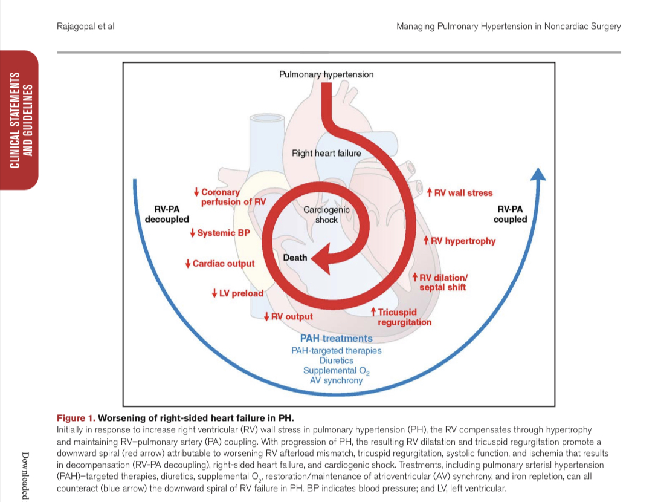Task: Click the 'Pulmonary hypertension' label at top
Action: point(326,74)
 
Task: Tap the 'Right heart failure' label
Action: point(326,153)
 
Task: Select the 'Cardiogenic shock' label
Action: point(326,215)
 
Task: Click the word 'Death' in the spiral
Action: point(295,258)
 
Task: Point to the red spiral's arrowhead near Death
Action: point(320,257)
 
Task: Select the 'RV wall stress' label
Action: point(460,193)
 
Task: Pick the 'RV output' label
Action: point(289,316)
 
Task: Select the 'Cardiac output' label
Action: point(220,264)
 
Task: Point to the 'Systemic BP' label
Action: point(220,233)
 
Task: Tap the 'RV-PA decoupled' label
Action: point(167,214)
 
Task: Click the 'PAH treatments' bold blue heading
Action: point(337,339)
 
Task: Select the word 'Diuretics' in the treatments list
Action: point(337,360)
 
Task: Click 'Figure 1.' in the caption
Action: point(76,418)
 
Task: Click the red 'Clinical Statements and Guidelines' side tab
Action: point(19,121)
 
